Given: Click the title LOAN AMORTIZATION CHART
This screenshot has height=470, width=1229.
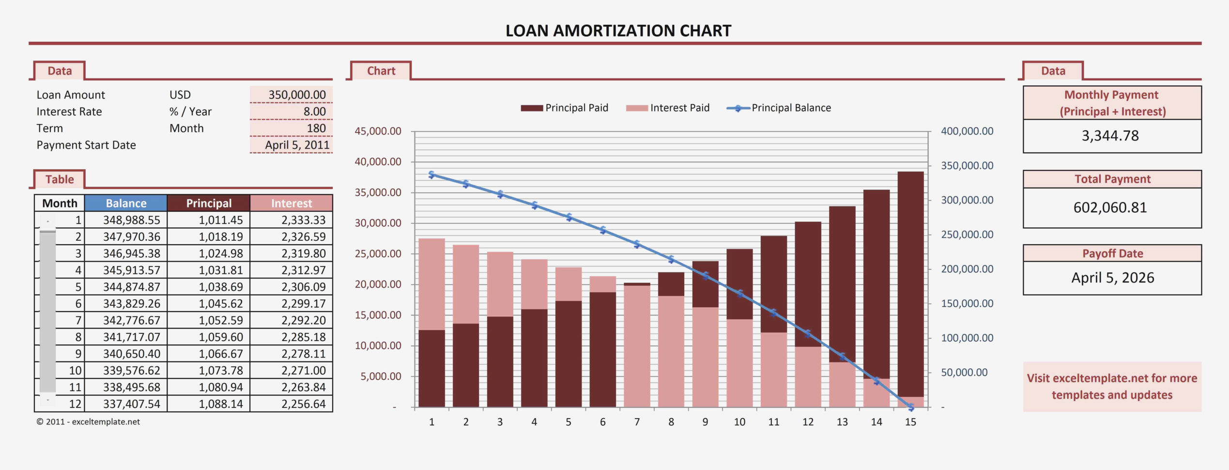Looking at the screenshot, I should pyautogui.click(x=618, y=31).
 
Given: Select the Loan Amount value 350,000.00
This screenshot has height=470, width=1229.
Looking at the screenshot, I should pyautogui.click(x=296, y=94).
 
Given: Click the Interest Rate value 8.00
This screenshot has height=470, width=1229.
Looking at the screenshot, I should pyautogui.click(x=314, y=111).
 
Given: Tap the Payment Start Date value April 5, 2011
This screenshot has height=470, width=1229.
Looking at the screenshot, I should pyautogui.click(x=296, y=145).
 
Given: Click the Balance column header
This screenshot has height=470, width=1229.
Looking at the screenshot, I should pyautogui.click(x=126, y=203).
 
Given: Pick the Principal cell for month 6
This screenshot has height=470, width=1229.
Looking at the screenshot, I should pyautogui.click(x=220, y=304).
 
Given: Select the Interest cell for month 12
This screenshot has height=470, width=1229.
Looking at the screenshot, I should pyautogui.click(x=303, y=404).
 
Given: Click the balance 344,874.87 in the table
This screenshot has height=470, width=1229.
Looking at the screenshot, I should pyautogui.click(x=131, y=287).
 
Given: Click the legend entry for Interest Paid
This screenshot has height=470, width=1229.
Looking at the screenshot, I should pyautogui.click(x=668, y=108).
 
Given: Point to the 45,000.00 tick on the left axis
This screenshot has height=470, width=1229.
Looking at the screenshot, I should pyautogui.click(x=378, y=131).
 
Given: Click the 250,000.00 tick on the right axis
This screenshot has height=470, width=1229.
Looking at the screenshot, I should pyautogui.click(x=967, y=235).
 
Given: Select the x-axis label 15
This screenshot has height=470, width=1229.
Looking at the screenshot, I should pyautogui.click(x=910, y=422).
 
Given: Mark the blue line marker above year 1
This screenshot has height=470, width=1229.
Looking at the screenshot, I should pyautogui.click(x=432, y=175).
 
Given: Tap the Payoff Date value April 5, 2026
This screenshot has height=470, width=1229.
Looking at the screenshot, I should pyautogui.click(x=1112, y=278).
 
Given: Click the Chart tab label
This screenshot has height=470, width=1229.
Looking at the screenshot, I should pyautogui.click(x=381, y=71).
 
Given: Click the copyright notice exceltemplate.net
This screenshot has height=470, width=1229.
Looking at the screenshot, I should pyautogui.click(x=88, y=422).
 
